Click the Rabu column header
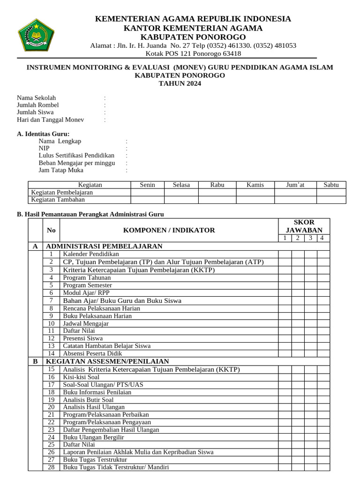(217, 185)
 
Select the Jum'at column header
(295, 185)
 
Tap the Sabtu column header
(331, 185)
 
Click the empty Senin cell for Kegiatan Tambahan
(147, 200)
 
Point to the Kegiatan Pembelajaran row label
(62, 192)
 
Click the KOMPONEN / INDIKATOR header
(169, 230)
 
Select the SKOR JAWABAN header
(304, 226)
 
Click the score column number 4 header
(322, 238)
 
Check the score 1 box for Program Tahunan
(285, 277)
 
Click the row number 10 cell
(52, 323)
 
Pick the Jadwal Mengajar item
(86, 323)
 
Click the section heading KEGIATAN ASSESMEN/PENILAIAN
(107, 361)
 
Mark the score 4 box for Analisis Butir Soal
(323, 399)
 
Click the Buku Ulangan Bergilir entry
(93, 437)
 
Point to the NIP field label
(44, 148)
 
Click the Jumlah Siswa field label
(35, 112)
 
